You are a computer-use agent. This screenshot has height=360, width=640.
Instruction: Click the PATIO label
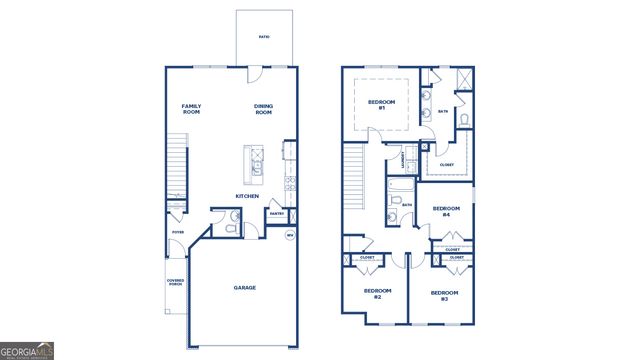pos(264,37)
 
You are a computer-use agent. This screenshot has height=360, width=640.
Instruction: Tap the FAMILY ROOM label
pos(192,109)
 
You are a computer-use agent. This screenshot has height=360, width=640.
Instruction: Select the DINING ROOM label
pos(263,109)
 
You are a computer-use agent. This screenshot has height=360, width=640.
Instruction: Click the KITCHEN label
pos(247,196)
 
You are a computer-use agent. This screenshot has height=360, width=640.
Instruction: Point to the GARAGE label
pos(245,288)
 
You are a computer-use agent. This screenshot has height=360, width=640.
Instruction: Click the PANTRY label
pos(276,213)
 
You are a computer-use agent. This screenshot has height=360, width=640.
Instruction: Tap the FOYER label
pos(177,232)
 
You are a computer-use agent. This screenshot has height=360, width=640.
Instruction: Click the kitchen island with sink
pos(254,161)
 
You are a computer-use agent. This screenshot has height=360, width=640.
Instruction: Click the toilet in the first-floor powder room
pos(229,229)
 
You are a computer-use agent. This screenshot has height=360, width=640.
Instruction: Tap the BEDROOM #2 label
pos(370,294)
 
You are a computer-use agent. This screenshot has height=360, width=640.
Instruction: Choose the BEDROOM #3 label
pos(444,294)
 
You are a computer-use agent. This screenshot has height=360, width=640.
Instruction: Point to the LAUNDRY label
pos(404,158)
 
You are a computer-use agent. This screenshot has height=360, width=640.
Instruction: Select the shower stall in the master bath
pos(463,81)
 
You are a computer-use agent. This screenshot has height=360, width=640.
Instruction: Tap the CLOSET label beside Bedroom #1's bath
pos(446,165)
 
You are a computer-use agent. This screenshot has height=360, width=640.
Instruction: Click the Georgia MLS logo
pos(27,351)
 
